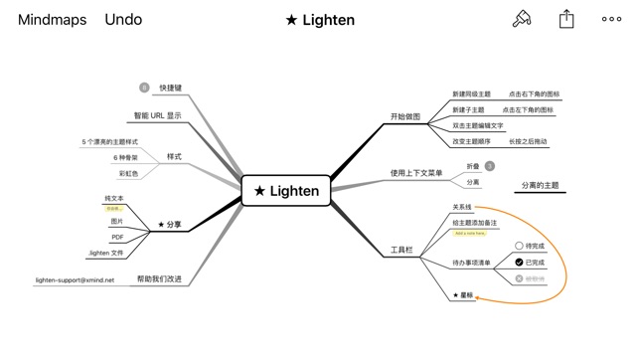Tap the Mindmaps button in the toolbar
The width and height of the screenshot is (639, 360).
pyautogui.click(x=52, y=20)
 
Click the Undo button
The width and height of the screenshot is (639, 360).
pyautogui.click(x=123, y=20)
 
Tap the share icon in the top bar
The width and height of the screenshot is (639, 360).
pyautogui.click(x=566, y=19)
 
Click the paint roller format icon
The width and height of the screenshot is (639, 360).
pyautogui.click(x=521, y=19)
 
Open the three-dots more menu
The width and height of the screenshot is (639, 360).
pyautogui.click(x=611, y=19)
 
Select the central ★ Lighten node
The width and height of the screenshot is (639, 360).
pyautogui.click(x=286, y=191)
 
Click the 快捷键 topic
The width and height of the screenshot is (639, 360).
pyautogui.click(x=170, y=89)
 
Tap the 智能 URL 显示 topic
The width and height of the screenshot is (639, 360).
pyautogui.click(x=158, y=116)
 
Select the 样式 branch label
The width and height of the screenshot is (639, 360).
pyautogui.click(x=174, y=157)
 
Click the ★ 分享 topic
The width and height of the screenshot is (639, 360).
pyautogui.click(x=170, y=225)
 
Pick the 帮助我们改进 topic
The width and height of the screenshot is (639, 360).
pyautogui.click(x=159, y=279)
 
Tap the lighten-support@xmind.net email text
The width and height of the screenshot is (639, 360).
pyautogui.click(x=75, y=280)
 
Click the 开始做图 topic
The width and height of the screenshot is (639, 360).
pyautogui.click(x=404, y=117)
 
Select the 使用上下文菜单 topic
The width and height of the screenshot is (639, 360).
pyautogui.click(x=416, y=174)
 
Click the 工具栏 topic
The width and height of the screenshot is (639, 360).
pyautogui.click(x=401, y=251)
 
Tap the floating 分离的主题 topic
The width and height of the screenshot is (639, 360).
pyautogui.click(x=541, y=185)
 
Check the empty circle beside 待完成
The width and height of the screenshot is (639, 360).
pyautogui.click(x=519, y=246)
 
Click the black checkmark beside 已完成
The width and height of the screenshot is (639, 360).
pyautogui.click(x=519, y=263)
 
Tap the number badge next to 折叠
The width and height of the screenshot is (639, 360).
pyautogui.click(x=490, y=166)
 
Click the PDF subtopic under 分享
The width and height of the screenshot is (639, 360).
pyautogui.click(x=117, y=238)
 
